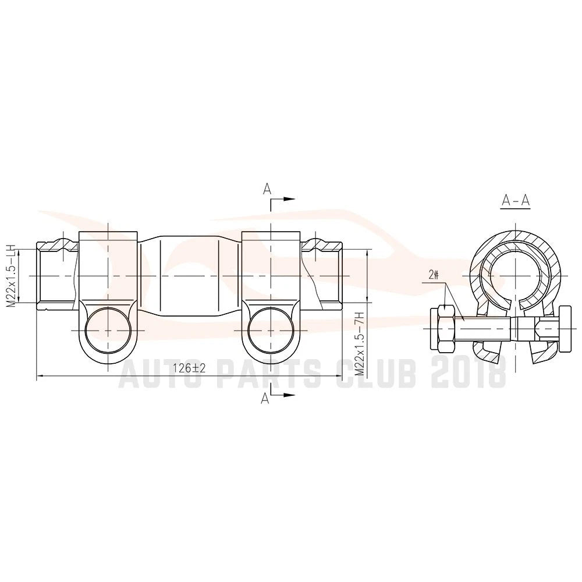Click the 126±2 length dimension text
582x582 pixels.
pos(189,368)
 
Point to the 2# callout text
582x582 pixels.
pos(434,275)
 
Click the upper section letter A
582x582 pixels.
pos(267,189)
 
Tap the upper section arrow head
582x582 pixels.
pos(289,199)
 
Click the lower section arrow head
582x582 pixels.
pos(289,395)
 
